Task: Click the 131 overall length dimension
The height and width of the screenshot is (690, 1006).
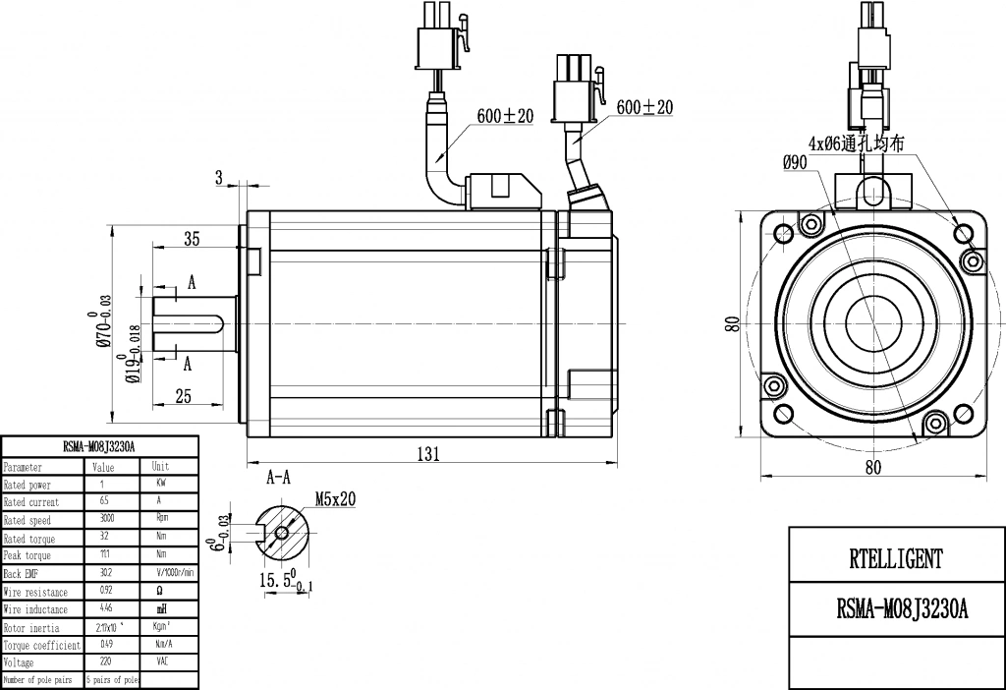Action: click(425, 453)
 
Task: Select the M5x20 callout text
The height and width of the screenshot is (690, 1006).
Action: click(335, 499)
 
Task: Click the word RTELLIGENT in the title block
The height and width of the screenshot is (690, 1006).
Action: click(895, 559)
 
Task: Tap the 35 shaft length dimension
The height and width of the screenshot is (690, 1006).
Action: click(192, 238)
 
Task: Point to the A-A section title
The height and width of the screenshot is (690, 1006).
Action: click(279, 478)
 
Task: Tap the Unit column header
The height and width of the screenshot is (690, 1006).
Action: click(161, 467)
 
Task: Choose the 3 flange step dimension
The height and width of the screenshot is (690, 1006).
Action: click(219, 177)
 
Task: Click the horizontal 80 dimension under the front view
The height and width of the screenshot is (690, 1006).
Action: click(873, 468)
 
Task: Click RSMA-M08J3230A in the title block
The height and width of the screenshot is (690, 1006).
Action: click(895, 609)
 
